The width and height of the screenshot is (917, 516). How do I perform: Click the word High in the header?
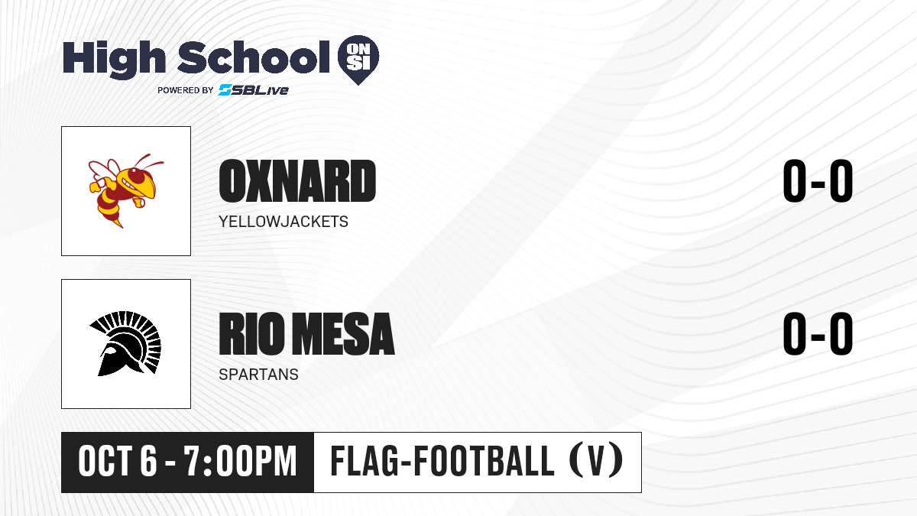click(x=115, y=60)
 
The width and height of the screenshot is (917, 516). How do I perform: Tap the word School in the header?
click(x=254, y=57)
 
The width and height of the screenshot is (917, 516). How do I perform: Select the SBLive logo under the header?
click(x=254, y=90)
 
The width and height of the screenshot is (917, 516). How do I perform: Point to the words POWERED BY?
click(x=186, y=90)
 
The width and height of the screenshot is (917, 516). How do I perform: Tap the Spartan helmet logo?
click(x=125, y=343)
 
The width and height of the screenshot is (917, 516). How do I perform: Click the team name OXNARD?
click(x=297, y=181)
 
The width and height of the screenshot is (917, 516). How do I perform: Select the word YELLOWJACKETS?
click(x=284, y=222)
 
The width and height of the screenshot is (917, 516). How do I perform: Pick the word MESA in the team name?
click(x=343, y=334)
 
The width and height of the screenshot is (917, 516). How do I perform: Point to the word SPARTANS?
click(x=259, y=375)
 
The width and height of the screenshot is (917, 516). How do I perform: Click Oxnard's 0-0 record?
click(x=818, y=181)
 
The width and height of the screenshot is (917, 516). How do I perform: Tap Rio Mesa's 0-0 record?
click(x=818, y=334)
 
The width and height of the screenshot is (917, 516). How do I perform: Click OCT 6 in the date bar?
click(x=118, y=462)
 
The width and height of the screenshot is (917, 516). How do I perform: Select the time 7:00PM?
click(x=240, y=462)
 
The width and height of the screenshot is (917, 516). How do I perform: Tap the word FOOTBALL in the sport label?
click(x=484, y=461)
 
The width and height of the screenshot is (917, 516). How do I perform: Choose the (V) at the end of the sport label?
click(x=596, y=460)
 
